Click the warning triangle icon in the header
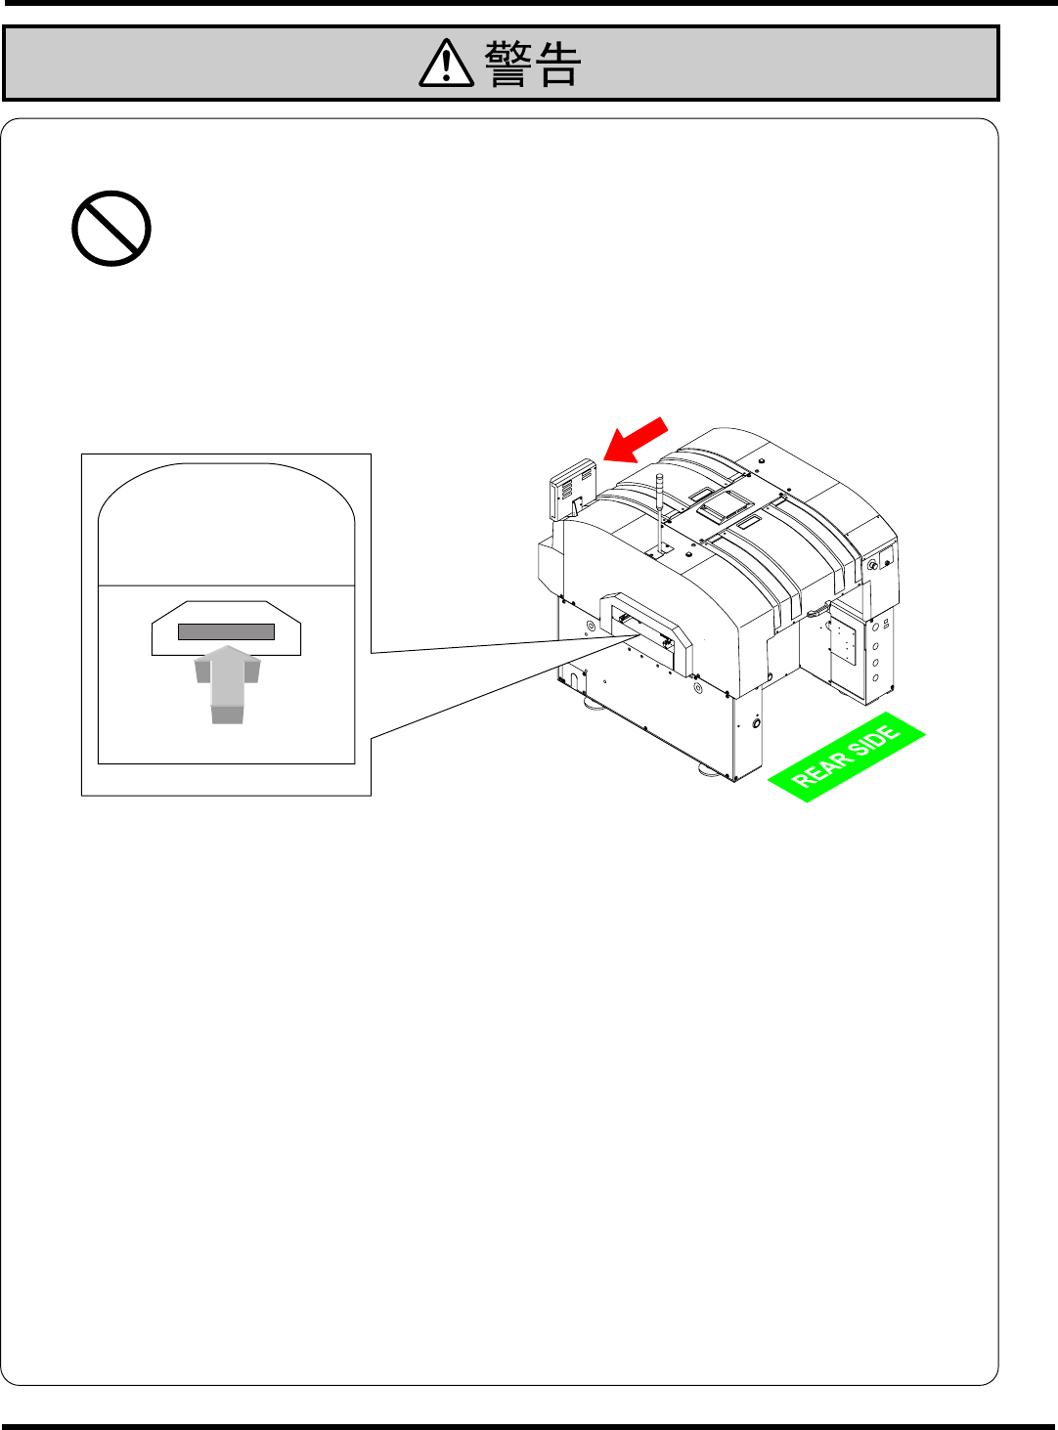tap(446, 65)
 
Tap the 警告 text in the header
tap(533, 65)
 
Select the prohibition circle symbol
tap(111, 229)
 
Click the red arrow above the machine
tap(636, 440)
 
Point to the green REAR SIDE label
tap(847, 758)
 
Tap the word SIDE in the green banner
tap(873, 742)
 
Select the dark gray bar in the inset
tap(226, 631)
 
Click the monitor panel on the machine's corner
tap(573, 487)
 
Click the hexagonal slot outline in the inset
tap(226, 628)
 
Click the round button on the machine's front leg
tap(756, 724)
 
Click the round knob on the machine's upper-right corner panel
tap(872, 565)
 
